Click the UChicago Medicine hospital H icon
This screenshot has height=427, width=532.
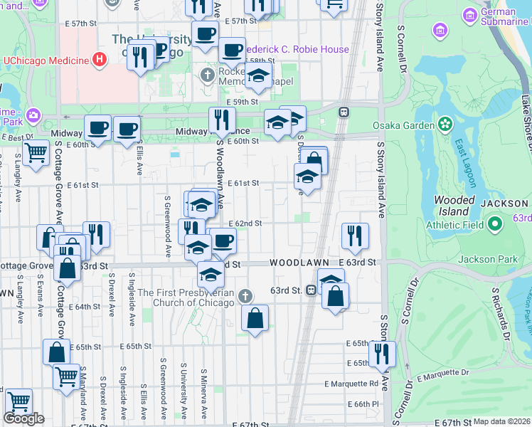(x=100, y=59)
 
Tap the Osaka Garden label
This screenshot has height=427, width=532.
(x=404, y=126)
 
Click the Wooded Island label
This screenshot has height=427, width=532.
(x=454, y=206)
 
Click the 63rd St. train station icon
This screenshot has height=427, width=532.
(x=311, y=290)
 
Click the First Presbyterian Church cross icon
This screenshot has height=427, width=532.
(x=244, y=295)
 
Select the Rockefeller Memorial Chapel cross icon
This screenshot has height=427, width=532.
(x=208, y=75)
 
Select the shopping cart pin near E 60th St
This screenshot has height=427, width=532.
(x=35, y=152)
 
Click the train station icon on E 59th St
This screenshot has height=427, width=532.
(x=344, y=112)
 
